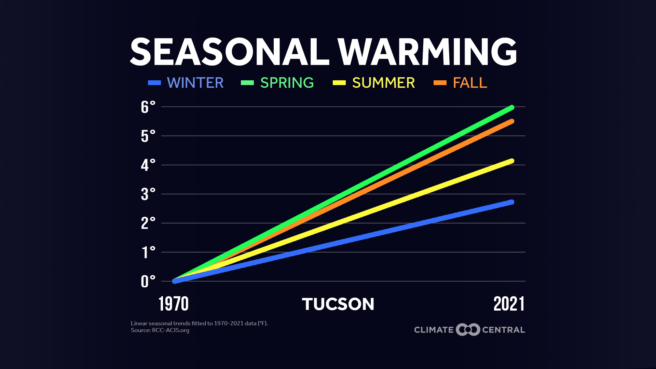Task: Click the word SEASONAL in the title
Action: coord(230,52)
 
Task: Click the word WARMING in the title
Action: coord(427,52)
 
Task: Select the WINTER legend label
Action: coord(195,83)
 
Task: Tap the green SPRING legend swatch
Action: coord(247,83)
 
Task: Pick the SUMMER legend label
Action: coord(383,83)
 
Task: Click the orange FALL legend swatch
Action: coord(440,83)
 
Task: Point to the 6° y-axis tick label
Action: coord(148,107)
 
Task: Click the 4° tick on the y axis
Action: coord(148,165)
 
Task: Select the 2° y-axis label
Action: coord(148,223)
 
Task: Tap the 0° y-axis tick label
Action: coord(148,282)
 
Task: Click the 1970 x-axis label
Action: coord(174,304)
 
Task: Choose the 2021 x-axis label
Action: coord(509,304)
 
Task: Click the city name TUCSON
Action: coord(338,304)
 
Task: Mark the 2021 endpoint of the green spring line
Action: coord(512,108)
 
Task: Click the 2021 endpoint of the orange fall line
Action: coord(512,121)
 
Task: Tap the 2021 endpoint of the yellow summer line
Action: coord(512,161)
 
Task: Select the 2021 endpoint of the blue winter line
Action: coord(512,202)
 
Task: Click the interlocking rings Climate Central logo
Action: coord(468,330)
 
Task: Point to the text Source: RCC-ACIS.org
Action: coord(160,330)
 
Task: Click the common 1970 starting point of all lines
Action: coord(175,281)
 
